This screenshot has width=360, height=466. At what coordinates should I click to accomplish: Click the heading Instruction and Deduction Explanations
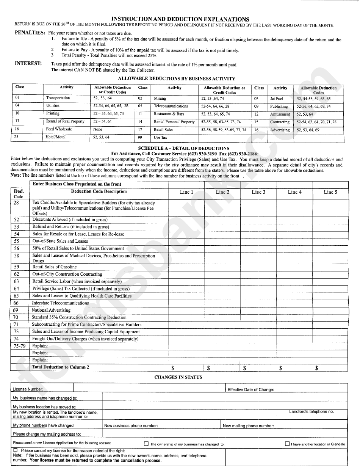(x=180, y=19)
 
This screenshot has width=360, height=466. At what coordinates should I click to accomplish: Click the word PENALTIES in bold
(x=30, y=33)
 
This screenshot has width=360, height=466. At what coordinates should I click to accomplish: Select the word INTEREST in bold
(x=28, y=64)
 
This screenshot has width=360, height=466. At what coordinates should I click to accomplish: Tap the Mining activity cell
(x=160, y=99)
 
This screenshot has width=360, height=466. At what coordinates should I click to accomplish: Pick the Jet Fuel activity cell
(x=277, y=99)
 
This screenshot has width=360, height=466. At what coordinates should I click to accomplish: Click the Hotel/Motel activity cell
(x=56, y=137)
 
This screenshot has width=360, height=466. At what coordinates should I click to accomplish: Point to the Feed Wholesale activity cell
(x=59, y=129)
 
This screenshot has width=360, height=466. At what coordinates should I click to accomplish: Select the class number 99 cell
(x=140, y=137)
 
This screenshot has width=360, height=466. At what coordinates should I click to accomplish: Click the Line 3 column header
(x=258, y=192)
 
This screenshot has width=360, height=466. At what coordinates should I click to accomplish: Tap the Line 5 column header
(x=330, y=192)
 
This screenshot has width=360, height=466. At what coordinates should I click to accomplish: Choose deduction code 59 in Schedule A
(x=16, y=267)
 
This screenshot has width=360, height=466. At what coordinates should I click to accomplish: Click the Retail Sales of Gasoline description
(x=55, y=267)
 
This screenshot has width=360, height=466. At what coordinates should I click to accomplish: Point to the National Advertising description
(x=51, y=310)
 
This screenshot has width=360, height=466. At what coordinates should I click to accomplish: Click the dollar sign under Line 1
(x=173, y=368)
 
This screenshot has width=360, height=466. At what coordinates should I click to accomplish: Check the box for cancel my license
(x=16, y=450)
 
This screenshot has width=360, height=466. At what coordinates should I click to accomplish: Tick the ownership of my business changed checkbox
(x=146, y=444)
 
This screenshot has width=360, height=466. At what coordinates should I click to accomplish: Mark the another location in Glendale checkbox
(x=287, y=444)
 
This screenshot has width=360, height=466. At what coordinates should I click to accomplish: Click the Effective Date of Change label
(x=250, y=389)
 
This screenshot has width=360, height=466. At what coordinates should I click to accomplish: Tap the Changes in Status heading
(x=178, y=377)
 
